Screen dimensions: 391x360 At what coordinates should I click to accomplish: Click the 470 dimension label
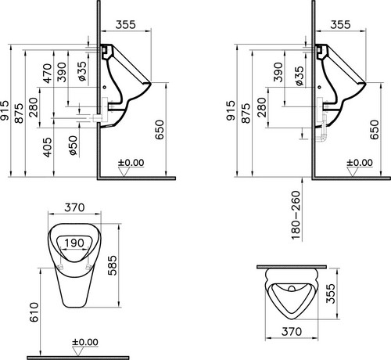[48, 74]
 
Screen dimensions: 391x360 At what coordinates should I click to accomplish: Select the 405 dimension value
[48, 148]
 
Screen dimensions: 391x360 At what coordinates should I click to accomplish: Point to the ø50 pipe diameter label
[74, 146]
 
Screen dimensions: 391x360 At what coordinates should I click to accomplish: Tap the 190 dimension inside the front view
[74, 243]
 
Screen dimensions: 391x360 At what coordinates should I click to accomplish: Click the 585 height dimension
[113, 265]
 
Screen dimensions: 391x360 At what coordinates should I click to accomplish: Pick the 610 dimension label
[34, 312]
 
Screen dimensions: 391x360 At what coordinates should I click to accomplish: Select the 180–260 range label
[296, 215]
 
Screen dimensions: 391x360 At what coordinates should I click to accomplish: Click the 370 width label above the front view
[74, 207]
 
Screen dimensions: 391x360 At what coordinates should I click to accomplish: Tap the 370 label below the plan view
[292, 332]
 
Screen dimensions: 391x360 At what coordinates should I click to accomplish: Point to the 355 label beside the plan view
[331, 293]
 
